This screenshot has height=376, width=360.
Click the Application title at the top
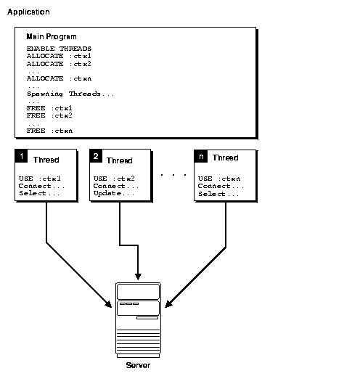pos(29,12)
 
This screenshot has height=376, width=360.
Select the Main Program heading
pos(52,36)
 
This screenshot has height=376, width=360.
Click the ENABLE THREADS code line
pos(60,49)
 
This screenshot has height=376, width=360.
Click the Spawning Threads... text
pos(70,94)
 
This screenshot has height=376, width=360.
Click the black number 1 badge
pos(22,157)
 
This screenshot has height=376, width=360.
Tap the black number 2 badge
pos(97,157)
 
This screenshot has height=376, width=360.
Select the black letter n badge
pos(201,157)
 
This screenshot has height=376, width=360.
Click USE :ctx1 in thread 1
pos(39,179)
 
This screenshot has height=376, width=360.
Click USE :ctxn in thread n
pos(219,179)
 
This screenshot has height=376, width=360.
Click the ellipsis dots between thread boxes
pos(173,175)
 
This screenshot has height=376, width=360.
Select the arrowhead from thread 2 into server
pos(138,277)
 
